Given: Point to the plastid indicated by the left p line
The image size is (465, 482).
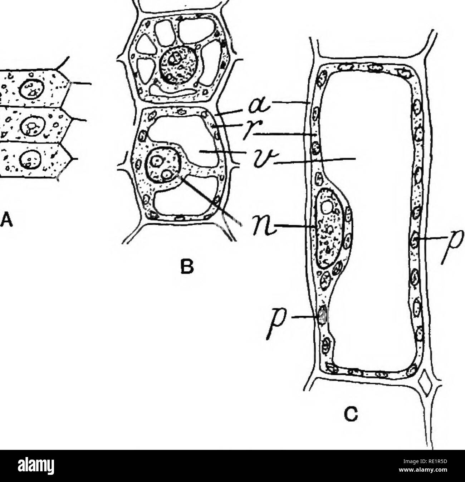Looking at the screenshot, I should coord(323,315).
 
